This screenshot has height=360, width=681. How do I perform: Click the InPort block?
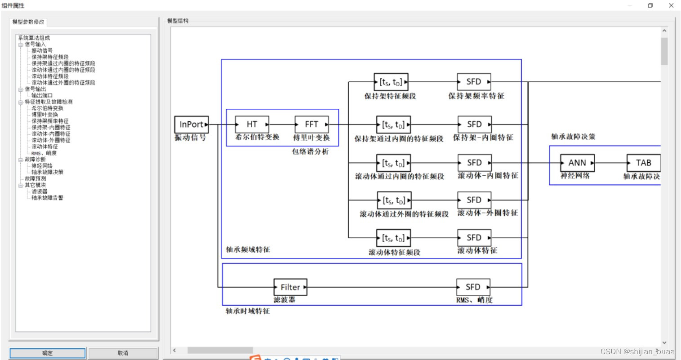191,124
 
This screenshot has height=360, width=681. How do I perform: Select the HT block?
252,124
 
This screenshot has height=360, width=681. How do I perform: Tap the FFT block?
312,124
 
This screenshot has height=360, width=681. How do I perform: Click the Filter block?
290,287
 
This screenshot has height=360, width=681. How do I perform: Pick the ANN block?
577,163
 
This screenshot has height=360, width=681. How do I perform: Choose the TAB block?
643,163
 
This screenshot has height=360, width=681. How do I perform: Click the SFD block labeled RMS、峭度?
473,287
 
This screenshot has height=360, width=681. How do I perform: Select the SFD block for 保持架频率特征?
474,82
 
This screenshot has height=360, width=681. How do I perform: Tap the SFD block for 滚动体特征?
474,238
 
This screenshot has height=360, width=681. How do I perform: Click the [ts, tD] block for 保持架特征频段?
391,82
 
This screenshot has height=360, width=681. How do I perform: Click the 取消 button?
123,353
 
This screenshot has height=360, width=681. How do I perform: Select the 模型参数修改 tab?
28,22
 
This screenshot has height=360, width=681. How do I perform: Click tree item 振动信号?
42,51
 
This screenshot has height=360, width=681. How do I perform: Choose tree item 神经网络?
42,166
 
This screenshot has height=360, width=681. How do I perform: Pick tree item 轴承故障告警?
47,198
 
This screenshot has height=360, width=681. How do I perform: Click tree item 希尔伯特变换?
47,108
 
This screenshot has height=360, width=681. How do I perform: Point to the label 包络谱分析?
310,152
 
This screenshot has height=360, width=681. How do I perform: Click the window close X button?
671,6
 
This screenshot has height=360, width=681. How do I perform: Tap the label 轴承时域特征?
248,311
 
